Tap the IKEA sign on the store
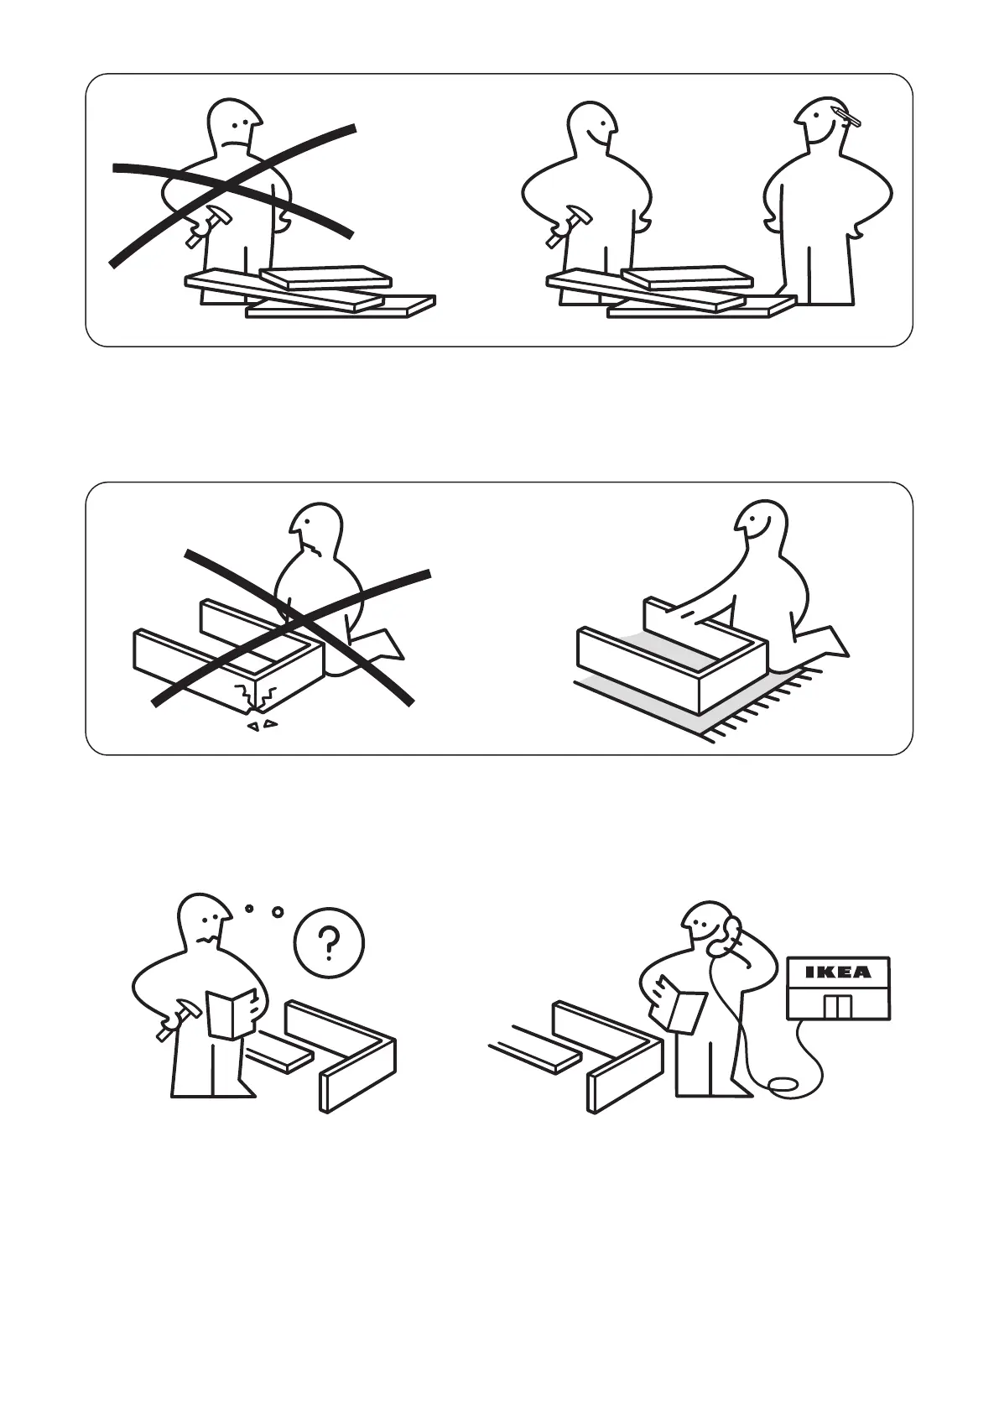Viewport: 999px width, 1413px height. [x=838, y=972]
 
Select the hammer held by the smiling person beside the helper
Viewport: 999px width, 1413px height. [x=565, y=225]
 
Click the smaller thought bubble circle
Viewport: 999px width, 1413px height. [x=249, y=909]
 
